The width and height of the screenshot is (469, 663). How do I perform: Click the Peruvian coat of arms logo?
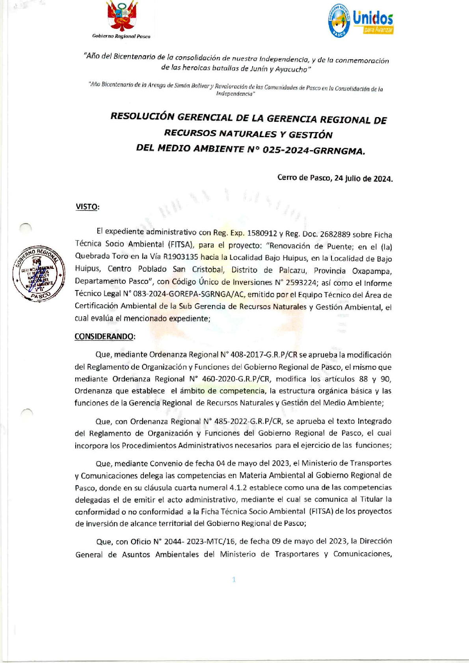click(122, 17)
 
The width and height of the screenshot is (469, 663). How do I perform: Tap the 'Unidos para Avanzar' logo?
click(361, 20)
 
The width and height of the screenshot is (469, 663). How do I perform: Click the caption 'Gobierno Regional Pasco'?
click(121, 36)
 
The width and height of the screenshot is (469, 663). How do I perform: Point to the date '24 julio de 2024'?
click(363, 179)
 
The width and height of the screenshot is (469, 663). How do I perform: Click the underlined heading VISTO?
click(87, 207)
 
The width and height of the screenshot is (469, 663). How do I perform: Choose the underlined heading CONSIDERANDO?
click(104, 336)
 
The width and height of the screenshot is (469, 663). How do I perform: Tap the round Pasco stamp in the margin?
click(39, 274)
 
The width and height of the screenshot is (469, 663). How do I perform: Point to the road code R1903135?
click(181, 257)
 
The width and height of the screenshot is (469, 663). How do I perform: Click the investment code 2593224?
click(301, 283)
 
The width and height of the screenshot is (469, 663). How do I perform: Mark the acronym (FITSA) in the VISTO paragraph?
click(181, 244)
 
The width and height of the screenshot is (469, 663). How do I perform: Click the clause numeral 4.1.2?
click(238, 487)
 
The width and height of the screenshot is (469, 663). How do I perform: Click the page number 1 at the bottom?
click(234, 579)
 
